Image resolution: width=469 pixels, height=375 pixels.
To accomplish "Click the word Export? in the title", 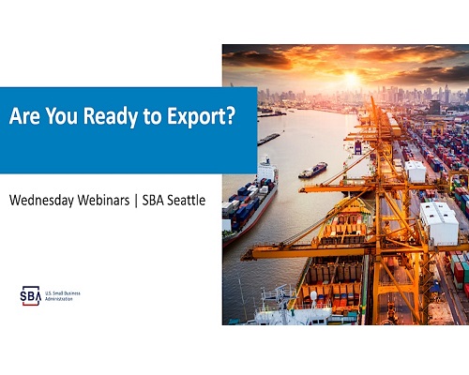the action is tap(201, 116).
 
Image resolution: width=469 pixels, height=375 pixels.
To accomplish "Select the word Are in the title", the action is tap(25, 116).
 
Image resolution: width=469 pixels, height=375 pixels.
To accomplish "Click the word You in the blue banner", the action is tap(62, 116).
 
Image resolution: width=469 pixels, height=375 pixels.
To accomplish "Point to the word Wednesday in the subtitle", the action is tap(41, 201).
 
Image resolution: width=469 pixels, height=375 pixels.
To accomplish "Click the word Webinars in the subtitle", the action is tap(103, 200).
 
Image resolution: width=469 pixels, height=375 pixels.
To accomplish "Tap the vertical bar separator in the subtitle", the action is tap(136, 201).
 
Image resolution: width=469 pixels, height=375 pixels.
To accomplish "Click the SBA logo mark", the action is tap(31, 295).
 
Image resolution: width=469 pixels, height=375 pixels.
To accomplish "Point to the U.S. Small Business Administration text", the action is tap(63, 296).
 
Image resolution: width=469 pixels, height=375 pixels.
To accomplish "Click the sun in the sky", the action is tap(351, 78).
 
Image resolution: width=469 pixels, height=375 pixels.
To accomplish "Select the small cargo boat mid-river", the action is tap(312, 170).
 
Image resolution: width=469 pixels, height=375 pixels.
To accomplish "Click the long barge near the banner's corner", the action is tap(268, 139).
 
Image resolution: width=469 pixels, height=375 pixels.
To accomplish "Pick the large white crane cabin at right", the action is tap(439, 223).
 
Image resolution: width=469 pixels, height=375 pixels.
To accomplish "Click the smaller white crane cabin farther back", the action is tap(416, 171).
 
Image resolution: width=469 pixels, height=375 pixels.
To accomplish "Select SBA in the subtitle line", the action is tap(153, 200).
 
